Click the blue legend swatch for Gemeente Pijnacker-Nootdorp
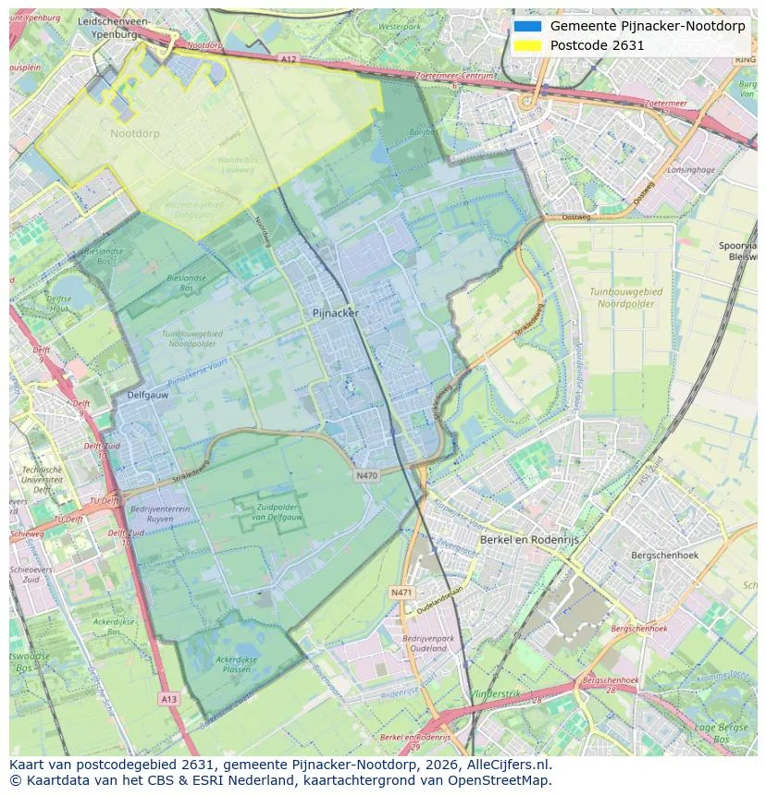[527, 26]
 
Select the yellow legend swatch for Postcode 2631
[527, 45]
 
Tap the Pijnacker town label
[336, 313]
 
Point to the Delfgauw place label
[147, 395]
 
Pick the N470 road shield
[366, 475]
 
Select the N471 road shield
[402, 593]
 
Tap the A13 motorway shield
[167, 698]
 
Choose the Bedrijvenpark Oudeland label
[428, 643]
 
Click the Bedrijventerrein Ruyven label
[159, 514]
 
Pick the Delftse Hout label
[58, 304]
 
